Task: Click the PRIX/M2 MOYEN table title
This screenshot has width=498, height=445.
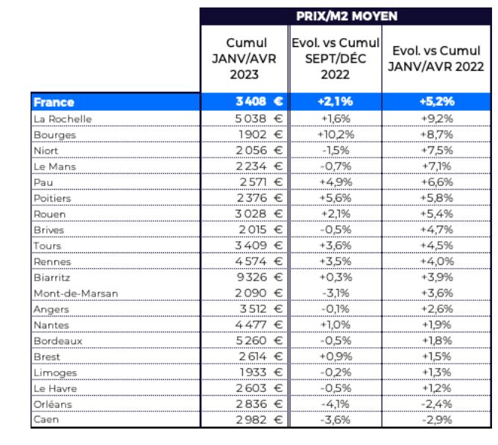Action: (347, 16)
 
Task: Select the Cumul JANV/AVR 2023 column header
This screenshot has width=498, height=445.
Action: (245, 58)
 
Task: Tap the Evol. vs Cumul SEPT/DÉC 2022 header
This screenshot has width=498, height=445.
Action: (335, 58)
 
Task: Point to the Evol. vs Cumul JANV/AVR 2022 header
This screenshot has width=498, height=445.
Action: (436, 58)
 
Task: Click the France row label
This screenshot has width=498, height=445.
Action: (54, 102)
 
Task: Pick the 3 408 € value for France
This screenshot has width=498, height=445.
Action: (259, 102)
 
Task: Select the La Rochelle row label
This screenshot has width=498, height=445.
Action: (63, 119)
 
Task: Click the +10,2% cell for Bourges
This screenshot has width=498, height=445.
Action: (335, 134)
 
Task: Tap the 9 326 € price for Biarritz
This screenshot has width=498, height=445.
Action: (259, 277)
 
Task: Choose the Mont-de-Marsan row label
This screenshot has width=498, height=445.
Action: (75, 293)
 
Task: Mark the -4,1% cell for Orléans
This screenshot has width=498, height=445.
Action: (335, 404)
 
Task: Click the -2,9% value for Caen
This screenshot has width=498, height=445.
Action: (437, 420)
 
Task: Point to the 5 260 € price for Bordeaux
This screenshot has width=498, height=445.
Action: (259, 340)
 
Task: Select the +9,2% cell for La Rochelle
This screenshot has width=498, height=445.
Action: (437, 119)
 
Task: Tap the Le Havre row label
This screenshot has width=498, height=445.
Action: (55, 388)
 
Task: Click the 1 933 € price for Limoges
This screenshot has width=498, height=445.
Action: (261, 372)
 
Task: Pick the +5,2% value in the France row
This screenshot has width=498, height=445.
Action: (437, 102)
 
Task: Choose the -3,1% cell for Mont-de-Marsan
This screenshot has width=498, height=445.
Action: (335, 293)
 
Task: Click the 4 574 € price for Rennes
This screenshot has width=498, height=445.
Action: (259, 261)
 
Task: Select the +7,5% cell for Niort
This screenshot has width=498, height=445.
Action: (437, 151)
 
